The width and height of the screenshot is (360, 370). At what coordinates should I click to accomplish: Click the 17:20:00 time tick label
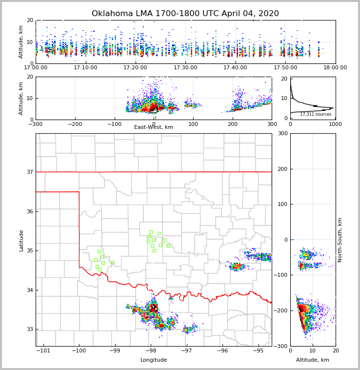(135, 67)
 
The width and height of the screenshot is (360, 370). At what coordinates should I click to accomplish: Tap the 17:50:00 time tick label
(285, 67)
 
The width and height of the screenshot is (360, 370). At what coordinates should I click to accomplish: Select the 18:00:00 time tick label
(335, 67)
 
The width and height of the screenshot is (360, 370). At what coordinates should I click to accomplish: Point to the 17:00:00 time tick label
(36, 67)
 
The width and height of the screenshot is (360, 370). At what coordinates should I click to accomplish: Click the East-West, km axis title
(154, 127)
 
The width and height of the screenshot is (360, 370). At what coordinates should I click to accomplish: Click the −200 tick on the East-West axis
(75, 124)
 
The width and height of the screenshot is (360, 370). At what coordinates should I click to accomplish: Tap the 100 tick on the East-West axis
(193, 124)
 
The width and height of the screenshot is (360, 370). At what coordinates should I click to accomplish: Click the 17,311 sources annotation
(316, 114)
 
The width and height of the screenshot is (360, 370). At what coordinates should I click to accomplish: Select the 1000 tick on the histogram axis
(335, 124)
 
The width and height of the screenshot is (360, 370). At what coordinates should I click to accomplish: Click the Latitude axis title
(21, 240)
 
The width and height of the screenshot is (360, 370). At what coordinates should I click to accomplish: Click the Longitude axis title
(154, 360)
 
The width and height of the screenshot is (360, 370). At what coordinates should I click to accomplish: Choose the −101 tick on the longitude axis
(43, 351)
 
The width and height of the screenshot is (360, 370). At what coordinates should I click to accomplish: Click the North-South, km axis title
(340, 240)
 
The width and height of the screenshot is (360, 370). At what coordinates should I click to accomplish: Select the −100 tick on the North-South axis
(281, 275)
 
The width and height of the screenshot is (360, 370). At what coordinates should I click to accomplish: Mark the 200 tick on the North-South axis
(282, 169)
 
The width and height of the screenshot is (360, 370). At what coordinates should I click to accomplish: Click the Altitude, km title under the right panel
(313, 360)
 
